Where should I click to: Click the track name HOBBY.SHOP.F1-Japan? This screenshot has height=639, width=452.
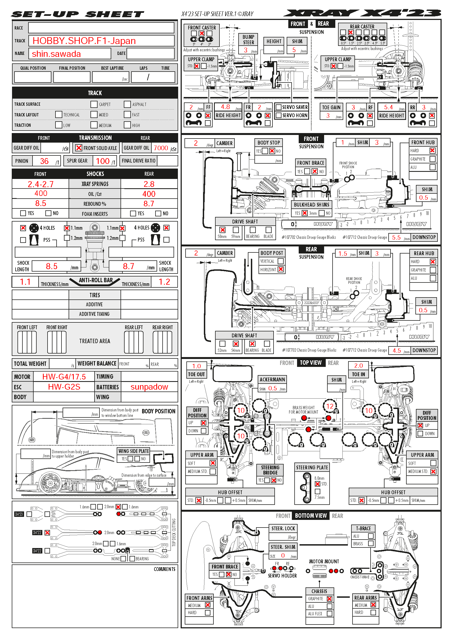(84, 41)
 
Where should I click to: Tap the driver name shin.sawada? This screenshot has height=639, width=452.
(56, 54)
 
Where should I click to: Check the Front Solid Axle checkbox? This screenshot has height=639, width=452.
(79, 148)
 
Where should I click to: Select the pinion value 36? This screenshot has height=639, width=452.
(44, 161)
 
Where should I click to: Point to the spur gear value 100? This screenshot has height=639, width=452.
(102, 161)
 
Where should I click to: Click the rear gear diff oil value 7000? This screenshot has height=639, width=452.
(161, 148)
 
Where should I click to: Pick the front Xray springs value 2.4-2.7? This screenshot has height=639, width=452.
(41, 184)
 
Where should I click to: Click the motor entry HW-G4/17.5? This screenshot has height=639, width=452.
(64, 376)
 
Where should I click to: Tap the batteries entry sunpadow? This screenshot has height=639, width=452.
(149, 387)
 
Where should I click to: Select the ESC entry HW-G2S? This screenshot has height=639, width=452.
(64, 387)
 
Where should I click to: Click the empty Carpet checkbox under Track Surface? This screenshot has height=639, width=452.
(94, 104)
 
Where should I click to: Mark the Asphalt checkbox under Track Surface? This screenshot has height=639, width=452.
(127, 104)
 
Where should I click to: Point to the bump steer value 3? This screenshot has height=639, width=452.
(246, 50)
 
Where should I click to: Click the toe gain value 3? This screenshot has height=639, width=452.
(328, 116)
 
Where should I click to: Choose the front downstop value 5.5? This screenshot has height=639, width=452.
(396, 237)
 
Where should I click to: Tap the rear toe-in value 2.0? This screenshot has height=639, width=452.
(359, 366)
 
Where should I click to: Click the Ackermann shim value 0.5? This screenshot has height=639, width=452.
(272, 388)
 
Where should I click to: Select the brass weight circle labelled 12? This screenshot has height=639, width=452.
(330, 406)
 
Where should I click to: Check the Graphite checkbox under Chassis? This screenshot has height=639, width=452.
(330, 599)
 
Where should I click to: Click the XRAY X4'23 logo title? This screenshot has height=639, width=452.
(362, 13)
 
